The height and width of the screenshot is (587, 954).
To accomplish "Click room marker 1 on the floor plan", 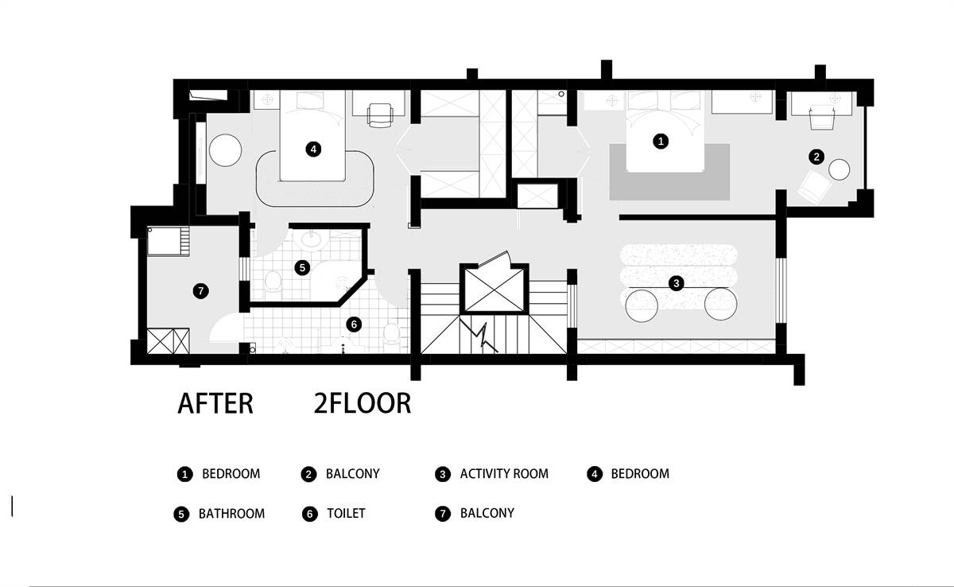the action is [661, 141].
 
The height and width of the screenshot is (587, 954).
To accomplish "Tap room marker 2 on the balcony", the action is [816, 157].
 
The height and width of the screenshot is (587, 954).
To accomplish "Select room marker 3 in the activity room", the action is [677, 283].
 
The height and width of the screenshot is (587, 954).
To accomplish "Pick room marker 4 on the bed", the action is [313, 149].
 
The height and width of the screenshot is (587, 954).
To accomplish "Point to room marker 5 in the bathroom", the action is [302, 267].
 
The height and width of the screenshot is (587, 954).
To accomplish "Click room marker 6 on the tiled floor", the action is [354, 325].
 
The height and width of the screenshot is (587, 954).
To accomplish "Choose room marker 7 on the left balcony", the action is [200, 291].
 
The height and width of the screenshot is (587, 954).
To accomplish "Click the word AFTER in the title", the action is [215, 403].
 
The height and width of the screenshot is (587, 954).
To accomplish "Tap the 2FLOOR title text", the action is [363, 403].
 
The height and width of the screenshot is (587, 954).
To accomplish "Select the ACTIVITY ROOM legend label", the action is [504, 474].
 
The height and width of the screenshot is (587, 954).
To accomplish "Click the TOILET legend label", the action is [346, 513].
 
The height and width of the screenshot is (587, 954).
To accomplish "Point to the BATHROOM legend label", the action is [231, 514].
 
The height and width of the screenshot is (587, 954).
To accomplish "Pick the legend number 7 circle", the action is [443, 513].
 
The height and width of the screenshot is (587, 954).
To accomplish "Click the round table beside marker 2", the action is [839, 169].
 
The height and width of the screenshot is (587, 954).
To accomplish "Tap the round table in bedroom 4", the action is [225, 150].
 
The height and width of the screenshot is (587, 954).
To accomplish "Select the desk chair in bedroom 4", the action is [380, 115].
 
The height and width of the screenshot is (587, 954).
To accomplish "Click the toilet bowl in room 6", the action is [391, 332].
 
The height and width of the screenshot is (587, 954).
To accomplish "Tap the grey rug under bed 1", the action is [669, 172].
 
